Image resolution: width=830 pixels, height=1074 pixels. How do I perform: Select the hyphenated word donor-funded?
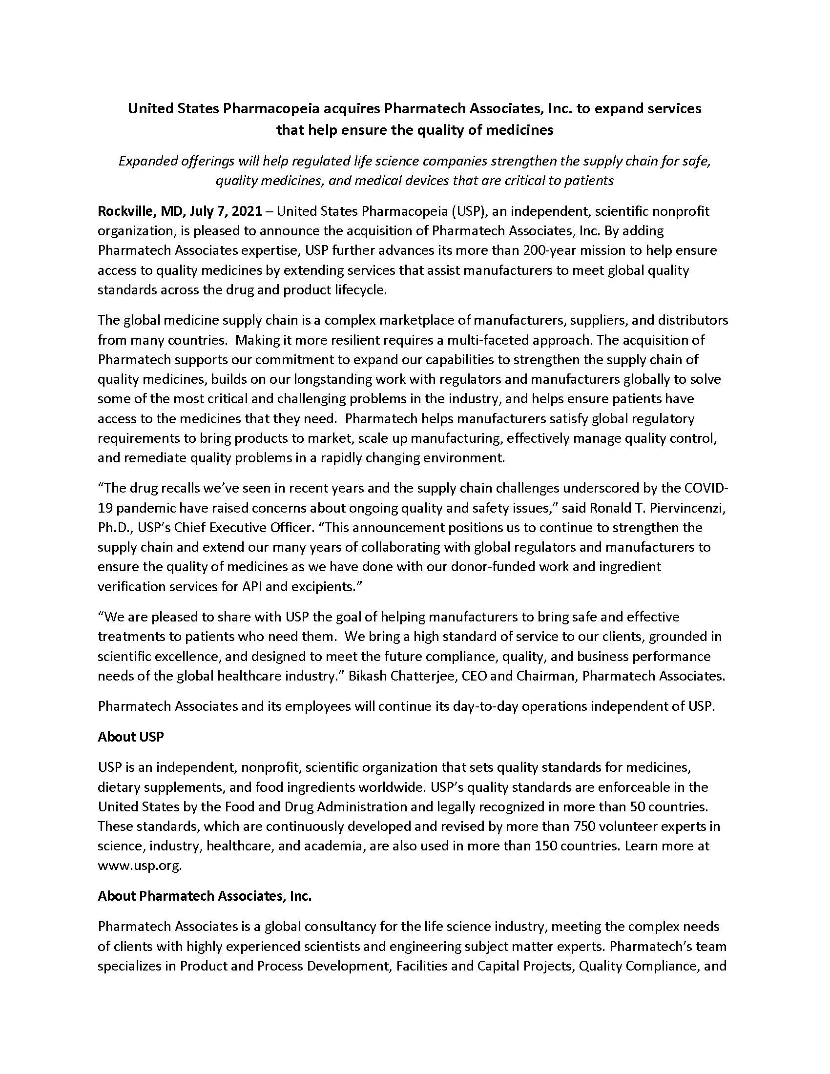coord(496,567)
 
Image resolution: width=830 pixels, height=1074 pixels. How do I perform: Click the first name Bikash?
coord(366,676)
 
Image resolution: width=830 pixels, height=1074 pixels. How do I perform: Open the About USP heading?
coord(130,737)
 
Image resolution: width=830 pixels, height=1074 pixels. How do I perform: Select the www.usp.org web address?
coord(140,866)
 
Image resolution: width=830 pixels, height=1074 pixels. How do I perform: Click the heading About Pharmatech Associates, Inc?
coord(205,896)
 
